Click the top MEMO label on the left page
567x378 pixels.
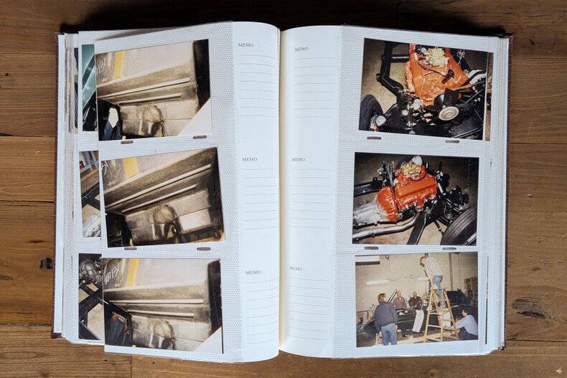[246, 45]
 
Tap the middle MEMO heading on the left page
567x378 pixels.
[250, 159]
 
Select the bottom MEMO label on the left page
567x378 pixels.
[253, 273]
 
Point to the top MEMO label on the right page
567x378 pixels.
[301, 49]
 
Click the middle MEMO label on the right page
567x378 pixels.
[299, 159]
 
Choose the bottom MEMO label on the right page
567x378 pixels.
[296, 269]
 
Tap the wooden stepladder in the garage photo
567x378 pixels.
[439, 314]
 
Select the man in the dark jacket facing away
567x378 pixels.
[385, 318]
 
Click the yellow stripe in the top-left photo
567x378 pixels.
[120, 64]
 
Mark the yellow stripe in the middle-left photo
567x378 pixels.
[131, 167]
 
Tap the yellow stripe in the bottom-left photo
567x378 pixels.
[132, 273]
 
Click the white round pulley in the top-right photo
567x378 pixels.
[449, 113]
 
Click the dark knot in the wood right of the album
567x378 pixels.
[531, 308]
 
